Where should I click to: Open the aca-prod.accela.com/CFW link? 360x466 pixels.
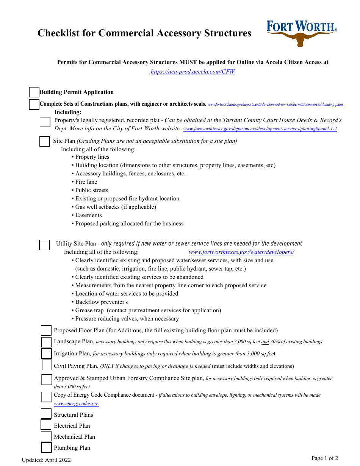[x=193, y=72]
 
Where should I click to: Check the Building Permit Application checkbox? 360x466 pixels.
[x=34, y=92]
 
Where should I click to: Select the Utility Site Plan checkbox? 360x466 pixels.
[x=44, y=245]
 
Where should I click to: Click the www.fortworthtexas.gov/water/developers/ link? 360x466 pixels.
[x=241, y=252]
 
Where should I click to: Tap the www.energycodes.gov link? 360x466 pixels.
[x=77, y=403]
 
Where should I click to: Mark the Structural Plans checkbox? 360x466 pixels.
[x=46, y=414]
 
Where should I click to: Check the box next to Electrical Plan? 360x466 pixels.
[x=46, y=425]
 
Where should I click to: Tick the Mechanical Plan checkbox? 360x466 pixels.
[x=46, y=436]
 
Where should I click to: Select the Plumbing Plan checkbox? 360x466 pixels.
[x=46, y=447]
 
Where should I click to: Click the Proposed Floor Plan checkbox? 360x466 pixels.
[x=46, y=330]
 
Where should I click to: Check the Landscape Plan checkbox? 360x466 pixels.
[x=46, y=342]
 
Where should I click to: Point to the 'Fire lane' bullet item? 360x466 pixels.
[x=86, y=182]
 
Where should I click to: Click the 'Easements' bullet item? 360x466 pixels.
[x=88, y=215]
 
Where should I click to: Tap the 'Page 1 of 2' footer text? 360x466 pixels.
[x=324, y=458]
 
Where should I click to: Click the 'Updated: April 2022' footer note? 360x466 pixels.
[x=46, y=460]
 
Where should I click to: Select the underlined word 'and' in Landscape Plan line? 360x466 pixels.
[x=265, y=342]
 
